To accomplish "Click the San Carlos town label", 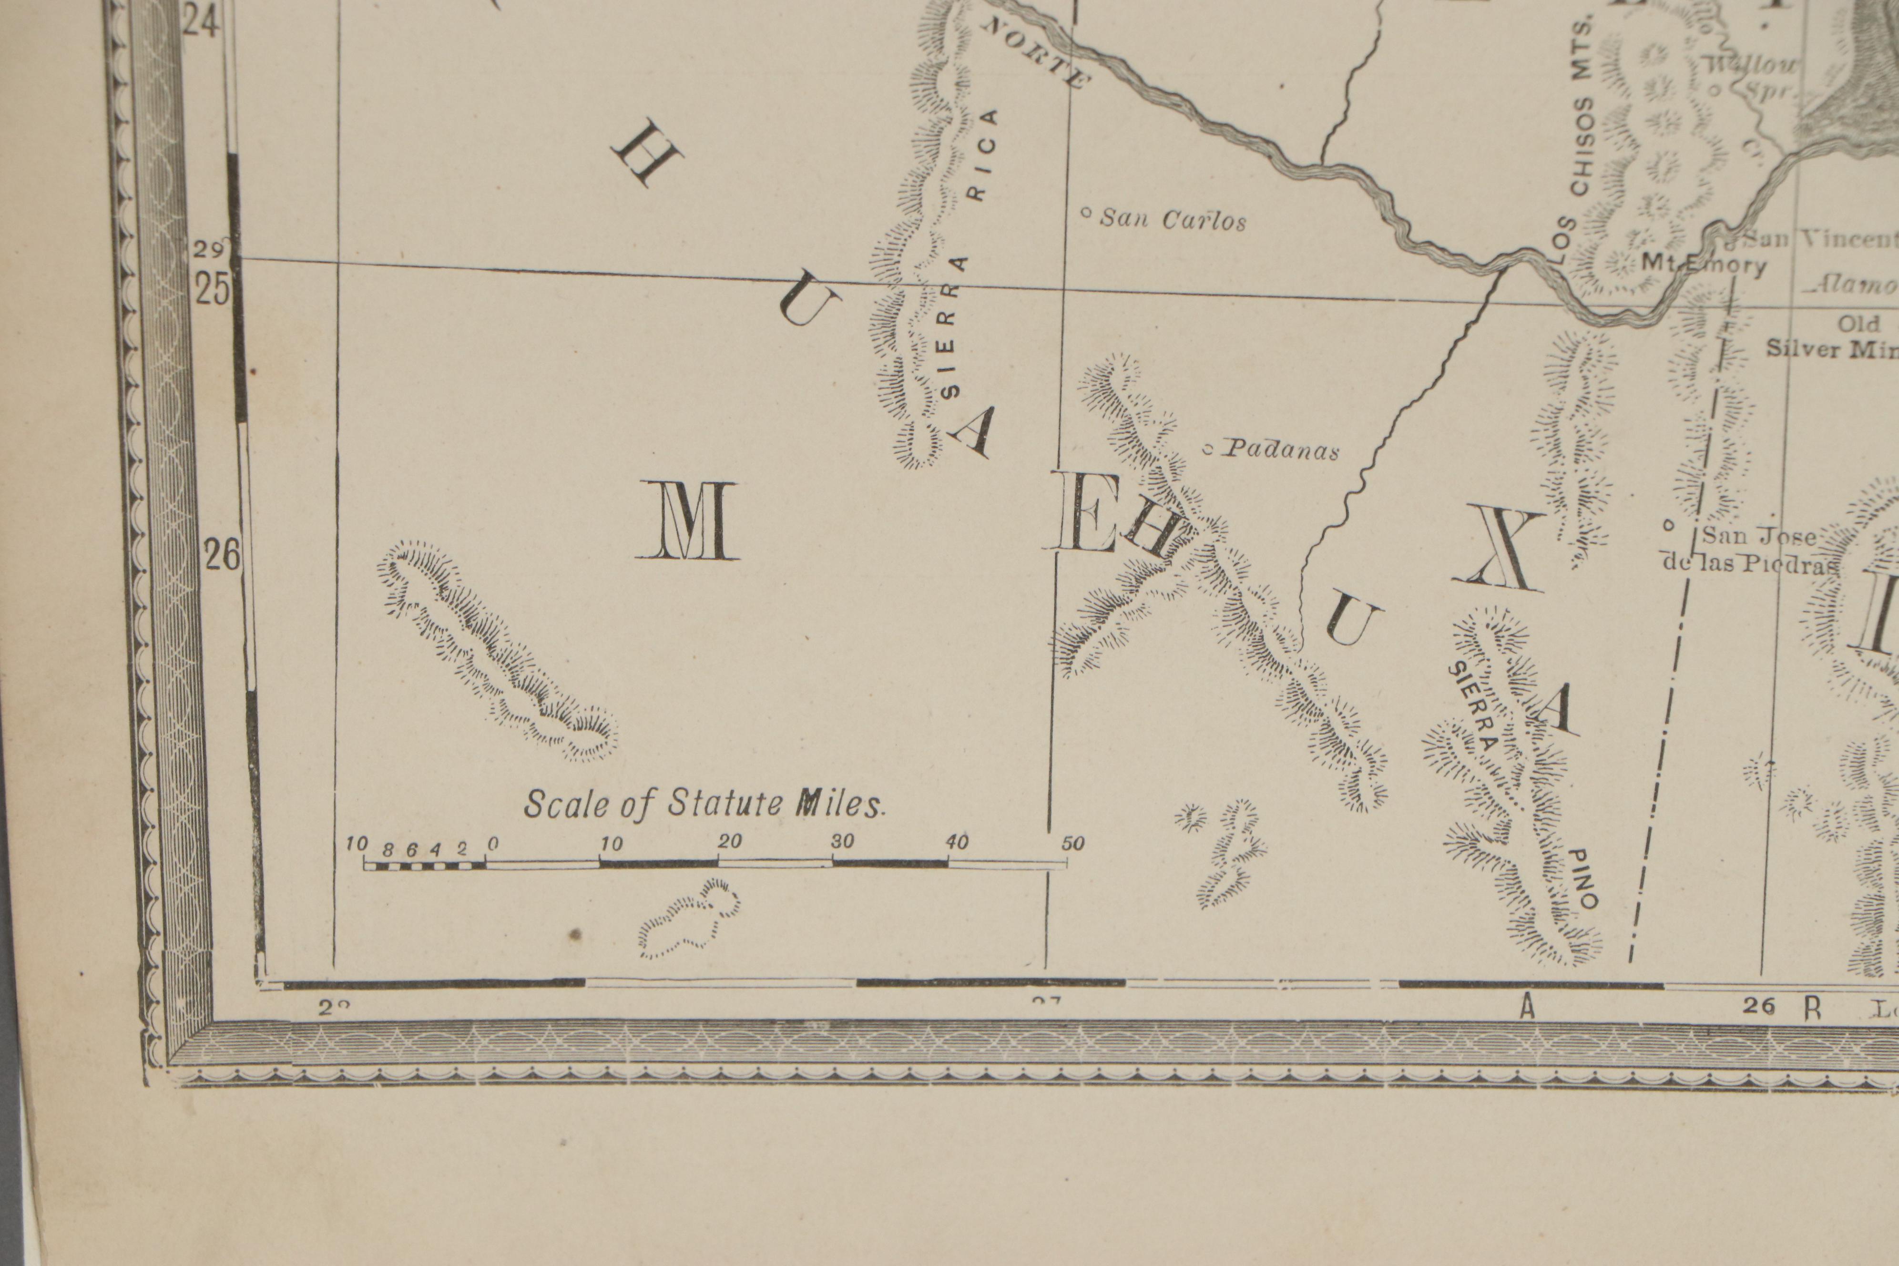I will tap(1173, 220).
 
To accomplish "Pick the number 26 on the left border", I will tap(222, 555).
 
